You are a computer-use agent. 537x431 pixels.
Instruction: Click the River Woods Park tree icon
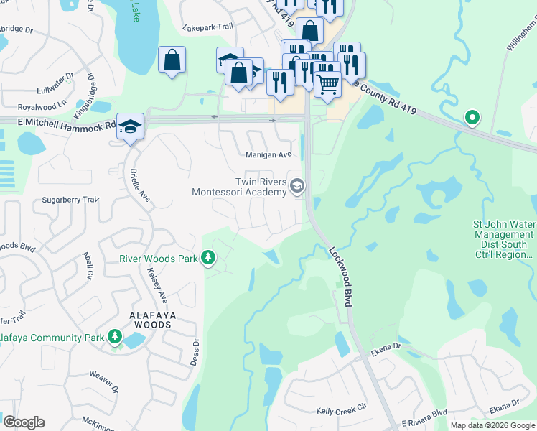pyautogui.click(x=208, y=258)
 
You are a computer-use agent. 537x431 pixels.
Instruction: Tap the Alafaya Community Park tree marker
pyautogui.click(x=114, y=337)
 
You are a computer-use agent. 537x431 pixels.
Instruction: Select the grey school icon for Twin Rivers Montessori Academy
pyautogui.click(x=297, y=187)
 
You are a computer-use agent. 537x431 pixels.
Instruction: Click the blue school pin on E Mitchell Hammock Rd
pyautogui.click(x=130, y=126)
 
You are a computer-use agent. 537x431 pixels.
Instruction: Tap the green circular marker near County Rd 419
pyautogui.click(x=472, y=117)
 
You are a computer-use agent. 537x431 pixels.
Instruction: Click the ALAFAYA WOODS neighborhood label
pyautogui.click(x=141, y=320)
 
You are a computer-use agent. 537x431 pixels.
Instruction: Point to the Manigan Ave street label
pyautogui.click(x=268, y=154)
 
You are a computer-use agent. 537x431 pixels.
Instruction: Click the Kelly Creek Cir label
pyautogui.click(x=342, y=411)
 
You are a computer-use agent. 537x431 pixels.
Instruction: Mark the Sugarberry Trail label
pyautogui.click(x=69, y=200)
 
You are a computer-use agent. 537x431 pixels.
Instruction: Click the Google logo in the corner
pyautogui.click(x=24, y=422)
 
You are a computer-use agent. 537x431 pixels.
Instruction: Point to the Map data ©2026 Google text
pyautogui.click(x=492, y=425)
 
